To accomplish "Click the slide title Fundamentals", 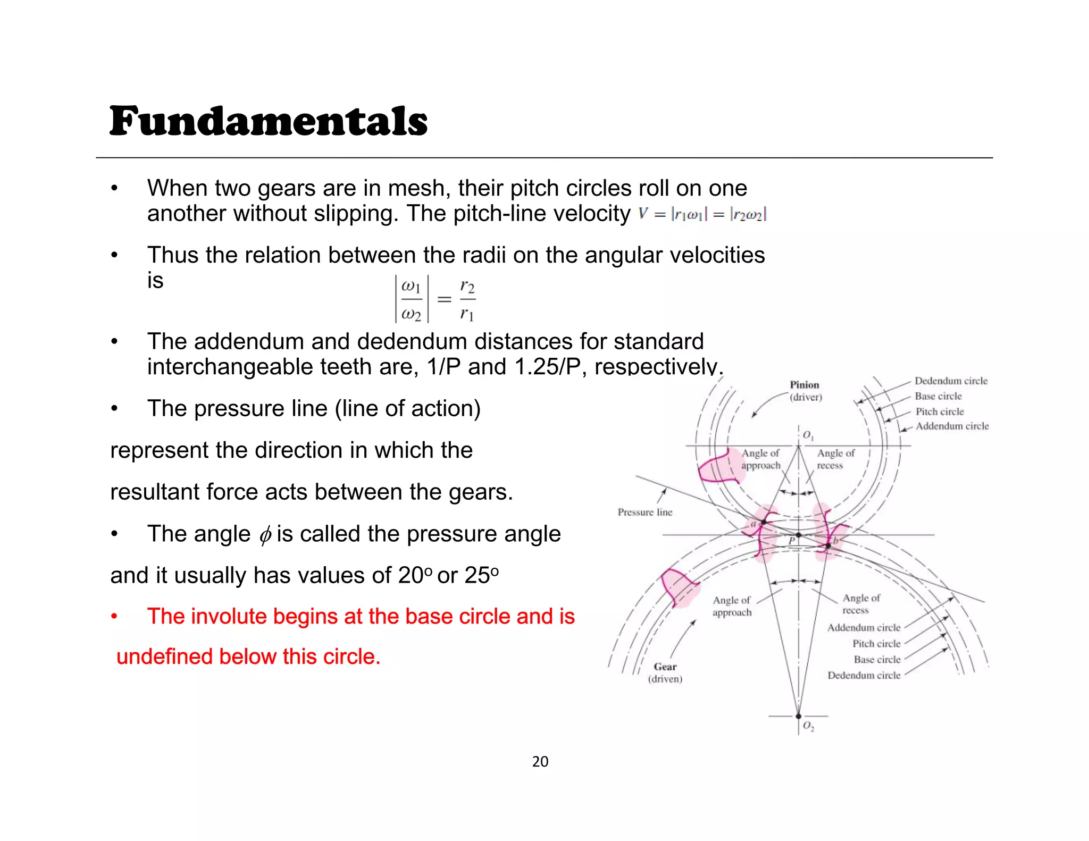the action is (x=269, y=121).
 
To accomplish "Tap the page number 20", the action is (x=540, y=762).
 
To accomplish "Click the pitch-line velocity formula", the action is (x=702, y=214).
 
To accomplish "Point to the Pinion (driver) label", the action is (x=805, y=391).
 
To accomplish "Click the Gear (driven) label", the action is (x=665, y=672).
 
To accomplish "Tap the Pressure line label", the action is (x=644, y=512).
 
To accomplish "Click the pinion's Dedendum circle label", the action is (x=951, y=381).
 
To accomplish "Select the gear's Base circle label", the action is (x=877, y=659).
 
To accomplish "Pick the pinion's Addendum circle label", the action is (x=952, y=426).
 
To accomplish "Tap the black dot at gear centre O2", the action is (x=798, y=716).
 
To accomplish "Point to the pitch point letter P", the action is (x=792, y=541).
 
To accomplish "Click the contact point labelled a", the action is (x=764, y=523).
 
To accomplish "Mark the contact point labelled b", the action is (x=828, y=545).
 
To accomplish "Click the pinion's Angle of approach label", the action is (x=761, y=459).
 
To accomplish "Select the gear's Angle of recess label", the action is (x=861, y=604).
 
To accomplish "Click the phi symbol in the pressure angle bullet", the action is (x=265, y=535).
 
